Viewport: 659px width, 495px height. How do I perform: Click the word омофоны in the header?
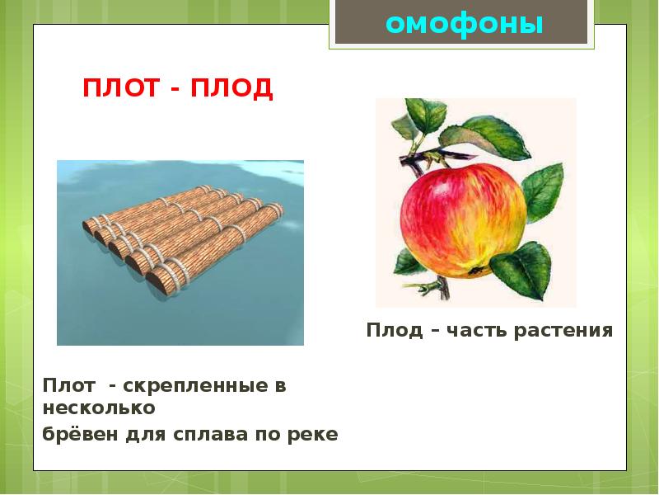[465, 24]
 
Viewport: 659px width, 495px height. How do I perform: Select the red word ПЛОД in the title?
[232, 88]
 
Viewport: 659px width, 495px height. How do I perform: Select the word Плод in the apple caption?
[392, 331]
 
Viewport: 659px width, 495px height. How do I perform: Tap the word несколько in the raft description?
[99, 408]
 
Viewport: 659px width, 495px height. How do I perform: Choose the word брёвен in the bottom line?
[79, 435]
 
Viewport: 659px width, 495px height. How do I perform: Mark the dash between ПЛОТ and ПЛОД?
[177, 89]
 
